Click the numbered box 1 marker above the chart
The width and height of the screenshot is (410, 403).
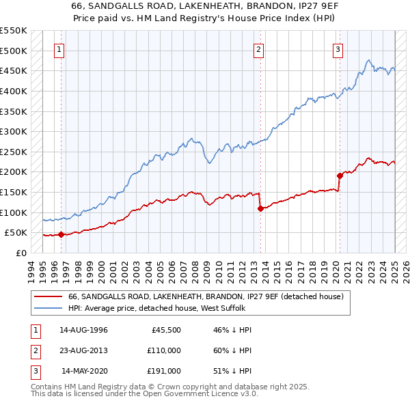pyautogui.click(x=60, y=49)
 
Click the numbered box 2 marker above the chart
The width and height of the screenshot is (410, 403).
pyautogui.click(x=259, y=49)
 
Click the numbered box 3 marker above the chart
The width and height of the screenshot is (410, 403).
pyautogui.click(x=338, y=49)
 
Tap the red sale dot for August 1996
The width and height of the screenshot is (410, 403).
pyautogui.click(x=61, y=234)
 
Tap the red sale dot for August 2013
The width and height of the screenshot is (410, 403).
pyautogui.click(x=260, y=208)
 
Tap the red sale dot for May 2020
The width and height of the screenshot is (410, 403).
pyautogui.click(x=339, y=176)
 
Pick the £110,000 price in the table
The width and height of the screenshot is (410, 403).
pyautogui.click(x=164, y=350)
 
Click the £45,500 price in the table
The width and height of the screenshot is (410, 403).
pyautogui.click(x=165, y=330)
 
